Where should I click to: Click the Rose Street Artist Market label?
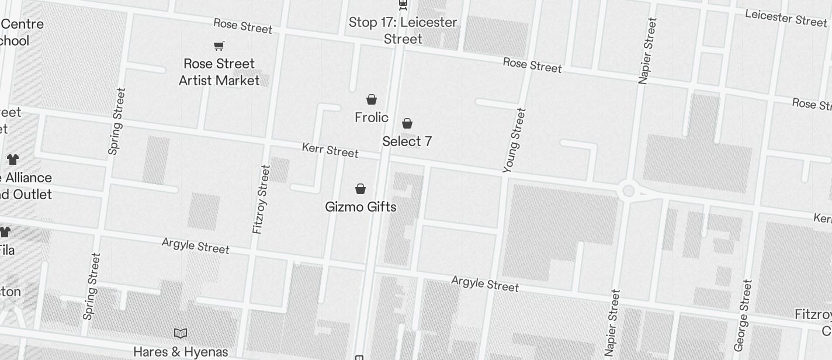pos(219,72)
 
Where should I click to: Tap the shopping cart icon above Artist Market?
pos(219,46)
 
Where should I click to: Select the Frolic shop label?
pos(372,117)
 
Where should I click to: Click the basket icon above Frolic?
pos(372,99)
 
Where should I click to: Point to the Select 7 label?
pos(407,141)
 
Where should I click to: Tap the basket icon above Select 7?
pos(407,123)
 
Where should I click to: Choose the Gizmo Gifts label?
pos(360,207)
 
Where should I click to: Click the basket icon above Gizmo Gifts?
pos(360,189)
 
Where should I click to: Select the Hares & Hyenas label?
pos(181,352)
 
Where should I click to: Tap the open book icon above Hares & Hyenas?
pos(181,333)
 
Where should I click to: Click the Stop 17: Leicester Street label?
pos(403,30)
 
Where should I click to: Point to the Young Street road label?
pos(515,140)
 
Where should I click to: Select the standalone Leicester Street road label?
pos(786,18)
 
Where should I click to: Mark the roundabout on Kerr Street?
pos(629,191)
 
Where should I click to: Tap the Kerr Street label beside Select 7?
pos(330,150)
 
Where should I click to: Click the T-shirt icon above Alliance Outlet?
pos(13,159)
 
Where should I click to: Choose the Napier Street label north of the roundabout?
pos(648,51)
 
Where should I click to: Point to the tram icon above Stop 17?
pos(403,5)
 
